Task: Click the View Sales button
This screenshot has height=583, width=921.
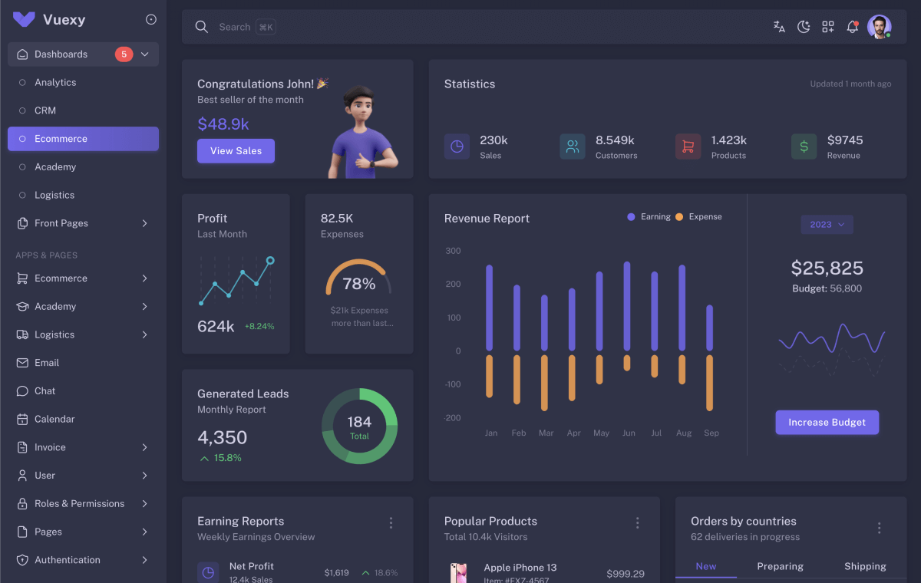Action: pyautogui.click(x=236, y=151)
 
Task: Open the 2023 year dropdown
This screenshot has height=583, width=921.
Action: pyautogui.click(x=827, y=225)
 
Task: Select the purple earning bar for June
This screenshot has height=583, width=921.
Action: pyautogui.click(x=627, y=306)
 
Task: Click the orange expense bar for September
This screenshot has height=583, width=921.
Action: pyautogui.click(x=709, y=382)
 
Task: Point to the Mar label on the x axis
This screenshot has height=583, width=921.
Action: pyautogui.click(x=546, y=433)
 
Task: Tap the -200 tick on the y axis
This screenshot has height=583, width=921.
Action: pyautogui.click(x=453, y=418)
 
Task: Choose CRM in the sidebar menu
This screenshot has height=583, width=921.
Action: pyautogui.click(x=45, y=110)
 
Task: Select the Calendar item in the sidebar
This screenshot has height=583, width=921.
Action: pyautogui.click(x=54, y=420)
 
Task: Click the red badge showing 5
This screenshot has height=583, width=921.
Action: pyautogui.click(x=124, y=54)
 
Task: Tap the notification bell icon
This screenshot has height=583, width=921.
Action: pyautogui.click(x=852, y=27)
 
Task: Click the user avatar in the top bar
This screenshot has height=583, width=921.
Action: pyautogui.click(x=879, y=27)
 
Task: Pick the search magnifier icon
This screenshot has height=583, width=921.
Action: pyautogui.click(x=202, y=27)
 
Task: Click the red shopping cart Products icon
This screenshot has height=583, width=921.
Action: pyautogui.click(x=688, y=147)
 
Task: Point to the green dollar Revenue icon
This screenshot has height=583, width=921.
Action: pyautogui.click(x=804, y=147)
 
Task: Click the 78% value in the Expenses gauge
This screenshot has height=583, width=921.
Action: pyautogui.click(x=358, y=284)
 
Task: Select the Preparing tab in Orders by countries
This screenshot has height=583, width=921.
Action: pyautogui.click(x=780, y=567)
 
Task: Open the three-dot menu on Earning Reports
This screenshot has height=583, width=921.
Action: pyautogui.click(x=391, y=523)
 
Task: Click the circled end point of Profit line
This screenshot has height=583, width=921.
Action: pyautogui.click(x=270, y=261)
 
